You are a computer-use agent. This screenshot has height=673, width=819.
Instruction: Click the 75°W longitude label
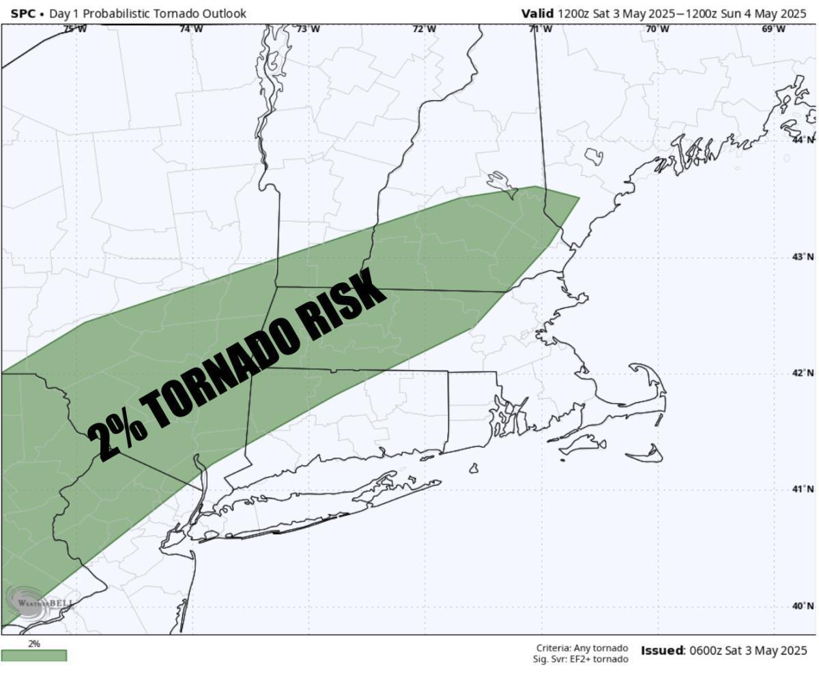[x=74, y=29]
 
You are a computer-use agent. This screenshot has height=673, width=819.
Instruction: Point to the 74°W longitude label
[x=191, y=29]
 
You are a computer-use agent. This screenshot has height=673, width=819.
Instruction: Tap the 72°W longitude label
[x=425, y=29]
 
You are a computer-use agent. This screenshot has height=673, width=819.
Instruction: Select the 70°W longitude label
[x=657, y=29]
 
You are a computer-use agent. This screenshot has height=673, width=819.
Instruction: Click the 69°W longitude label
[x=774, y=29]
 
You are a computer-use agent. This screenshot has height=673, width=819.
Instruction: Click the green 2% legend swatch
[x=34, y=655]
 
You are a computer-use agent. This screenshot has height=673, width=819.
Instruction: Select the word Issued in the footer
[x=662, y=650]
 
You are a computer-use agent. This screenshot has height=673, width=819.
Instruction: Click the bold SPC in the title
[x=23, y=14]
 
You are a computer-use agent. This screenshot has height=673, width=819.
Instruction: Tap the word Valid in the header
[x=537, y=14]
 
